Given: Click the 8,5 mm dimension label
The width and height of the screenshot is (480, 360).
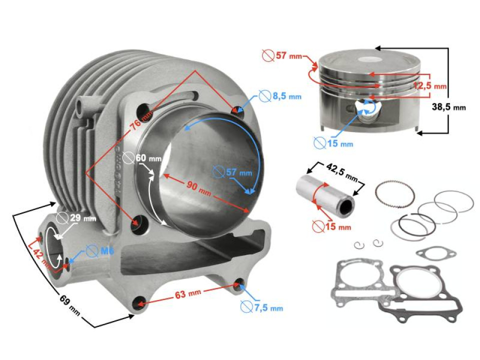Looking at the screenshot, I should click(286, 96).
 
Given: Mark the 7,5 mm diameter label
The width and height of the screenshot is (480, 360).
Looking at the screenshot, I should click(268, 307).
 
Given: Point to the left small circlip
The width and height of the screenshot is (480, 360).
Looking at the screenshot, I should click(358, 244).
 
